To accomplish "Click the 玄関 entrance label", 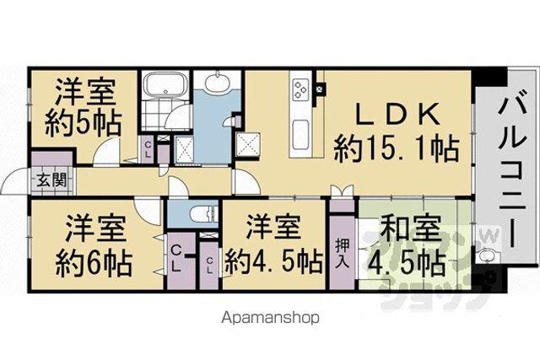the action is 51,180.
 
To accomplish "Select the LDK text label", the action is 397,114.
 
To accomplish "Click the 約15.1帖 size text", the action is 396,148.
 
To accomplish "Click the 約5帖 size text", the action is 83,122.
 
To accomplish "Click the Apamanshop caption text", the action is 270,317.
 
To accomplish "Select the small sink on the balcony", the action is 489,256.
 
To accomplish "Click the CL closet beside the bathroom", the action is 148,149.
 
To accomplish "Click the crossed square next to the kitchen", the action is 247,144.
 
